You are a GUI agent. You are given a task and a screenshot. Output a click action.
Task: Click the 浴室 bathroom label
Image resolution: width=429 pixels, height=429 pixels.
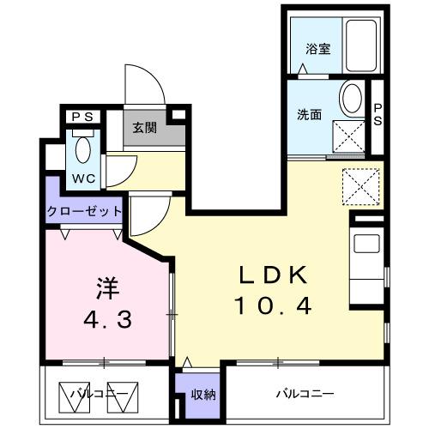318,49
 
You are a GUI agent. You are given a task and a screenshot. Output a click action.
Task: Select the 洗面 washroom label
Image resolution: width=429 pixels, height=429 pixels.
310,114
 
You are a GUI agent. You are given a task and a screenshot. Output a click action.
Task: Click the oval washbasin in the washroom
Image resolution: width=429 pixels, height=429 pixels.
351,99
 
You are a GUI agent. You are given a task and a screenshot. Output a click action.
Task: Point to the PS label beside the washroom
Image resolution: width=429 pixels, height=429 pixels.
378,114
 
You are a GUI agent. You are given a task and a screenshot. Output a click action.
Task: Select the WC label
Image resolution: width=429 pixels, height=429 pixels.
83,178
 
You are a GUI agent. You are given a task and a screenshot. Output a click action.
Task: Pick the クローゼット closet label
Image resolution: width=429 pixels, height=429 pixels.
83,211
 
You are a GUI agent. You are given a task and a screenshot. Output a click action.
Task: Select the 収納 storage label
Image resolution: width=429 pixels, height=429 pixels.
202,395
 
